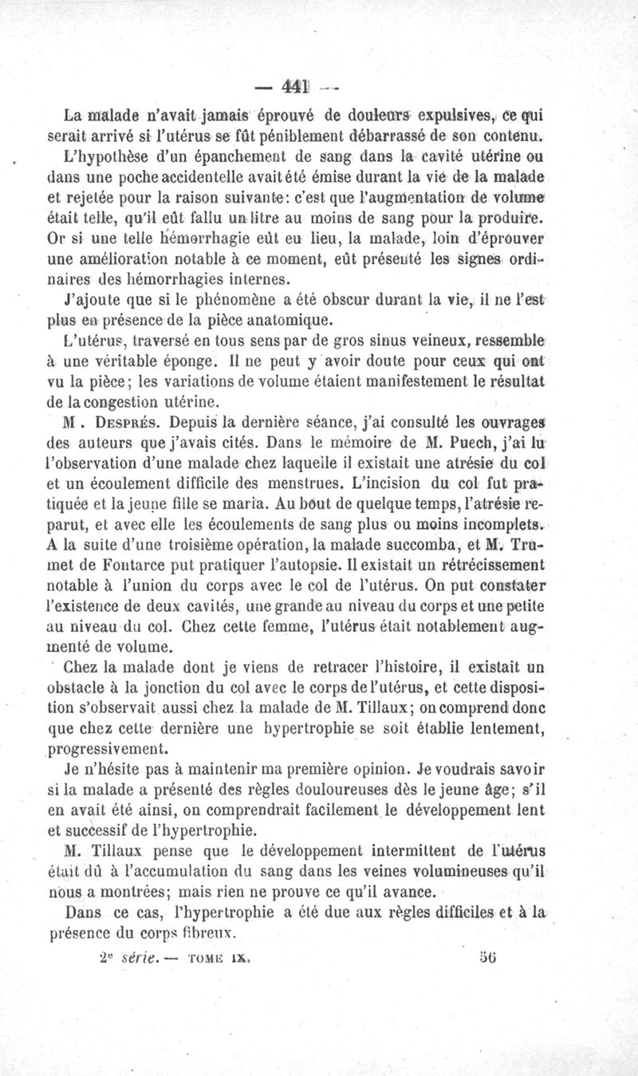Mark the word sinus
pyautogui.click(x=375, y=339)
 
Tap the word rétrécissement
pyautogui.click(x=485, y=565)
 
